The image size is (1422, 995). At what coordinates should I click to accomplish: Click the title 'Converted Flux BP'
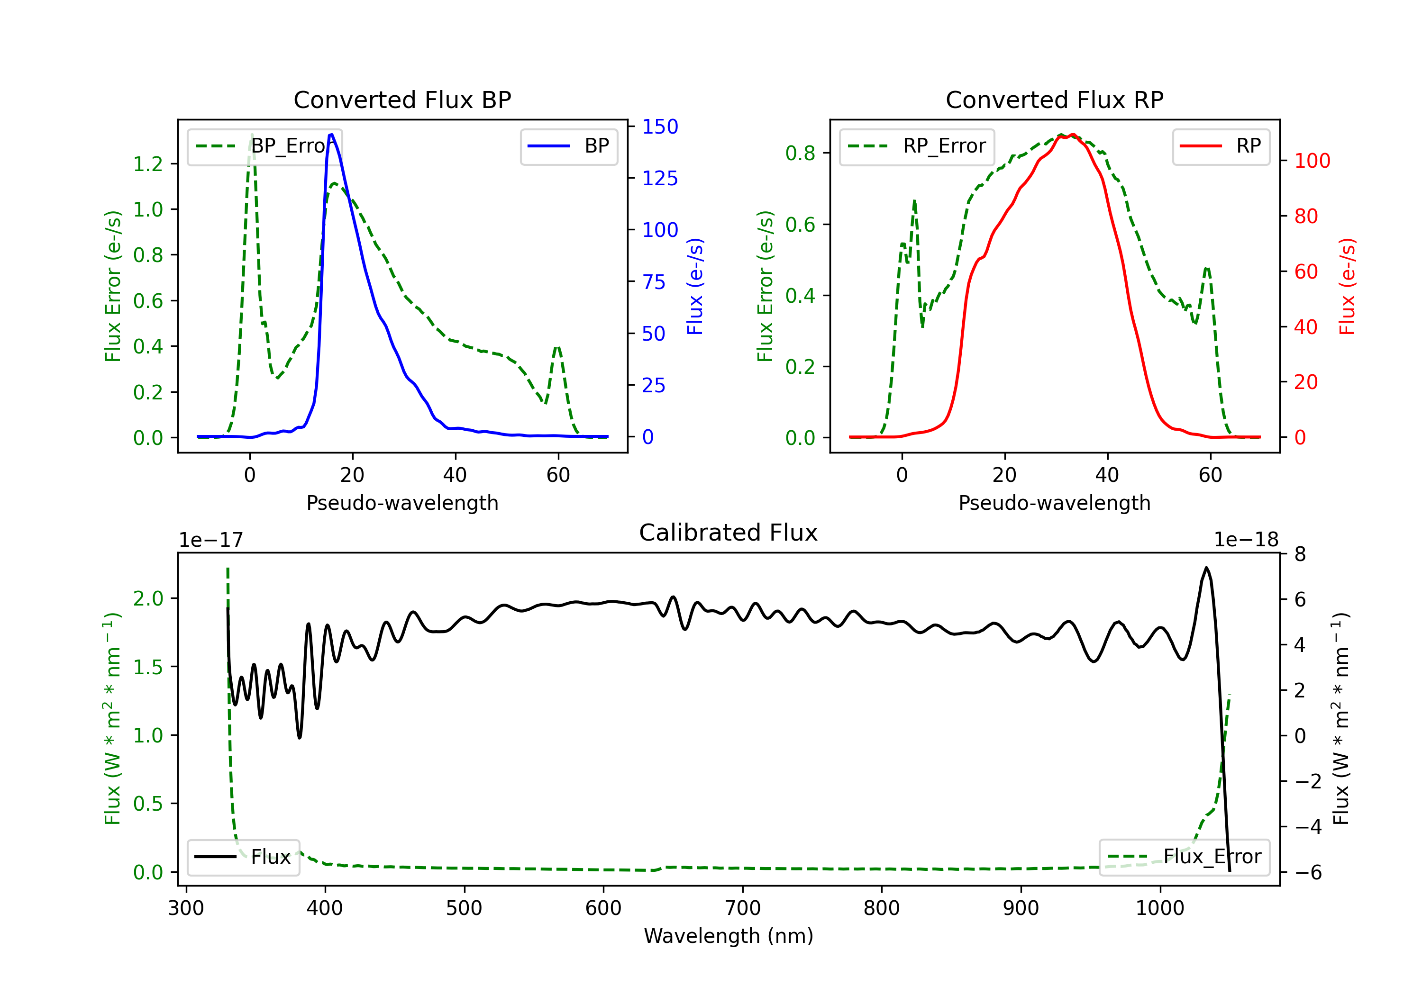coord(402,99)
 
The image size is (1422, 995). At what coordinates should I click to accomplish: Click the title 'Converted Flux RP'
coord(1054,99)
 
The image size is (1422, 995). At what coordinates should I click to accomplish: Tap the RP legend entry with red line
coord(1220,146)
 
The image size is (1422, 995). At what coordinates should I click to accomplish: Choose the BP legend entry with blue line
coord(568,146)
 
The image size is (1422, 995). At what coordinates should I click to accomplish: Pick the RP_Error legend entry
coord(917,146)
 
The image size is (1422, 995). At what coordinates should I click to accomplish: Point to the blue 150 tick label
coord(660,127)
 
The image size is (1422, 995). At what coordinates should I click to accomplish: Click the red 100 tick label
coord(1312,161)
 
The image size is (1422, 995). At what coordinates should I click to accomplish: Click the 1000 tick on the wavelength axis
coord(1159,908)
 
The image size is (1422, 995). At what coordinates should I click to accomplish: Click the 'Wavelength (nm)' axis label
coord(729,936)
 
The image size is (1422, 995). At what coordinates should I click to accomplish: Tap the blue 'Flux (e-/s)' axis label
coord(695,287)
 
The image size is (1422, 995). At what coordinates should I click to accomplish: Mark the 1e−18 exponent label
coord(1246,540)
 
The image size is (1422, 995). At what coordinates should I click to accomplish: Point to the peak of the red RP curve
coord(1072,135)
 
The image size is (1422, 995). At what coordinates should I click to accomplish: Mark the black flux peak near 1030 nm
coord(1206,567)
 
